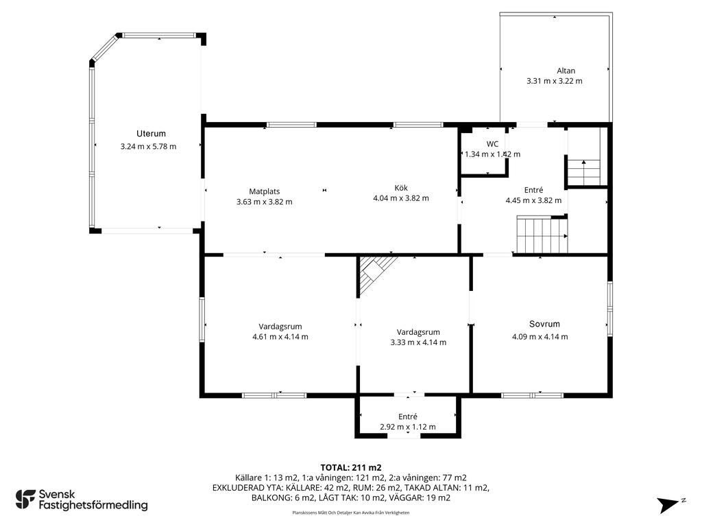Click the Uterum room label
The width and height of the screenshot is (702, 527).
pos(151,134)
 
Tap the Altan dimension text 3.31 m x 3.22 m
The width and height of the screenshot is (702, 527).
pos(554,81)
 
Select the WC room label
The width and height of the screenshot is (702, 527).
pos(492,144)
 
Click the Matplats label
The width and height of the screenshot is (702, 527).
pos(264,191)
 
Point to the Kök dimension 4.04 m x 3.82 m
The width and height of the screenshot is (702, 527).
pos(400,198)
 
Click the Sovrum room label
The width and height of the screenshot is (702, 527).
pos(544,324)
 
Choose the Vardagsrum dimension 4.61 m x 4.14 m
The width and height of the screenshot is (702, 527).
pos(280,336)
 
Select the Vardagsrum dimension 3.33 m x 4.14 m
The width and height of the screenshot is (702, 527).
pos(418,342)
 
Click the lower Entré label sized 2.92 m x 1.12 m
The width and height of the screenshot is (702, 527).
pos(408,417)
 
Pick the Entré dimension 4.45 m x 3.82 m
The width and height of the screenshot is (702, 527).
pos(533,200)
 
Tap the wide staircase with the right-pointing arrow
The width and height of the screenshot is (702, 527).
pos(542,235)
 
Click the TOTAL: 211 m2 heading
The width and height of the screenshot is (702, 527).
pos(351,468)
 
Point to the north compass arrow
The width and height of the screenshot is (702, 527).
pos(670,504)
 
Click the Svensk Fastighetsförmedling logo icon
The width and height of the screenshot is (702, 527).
pos(25,500)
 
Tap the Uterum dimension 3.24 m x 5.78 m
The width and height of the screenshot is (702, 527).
pos(148,147)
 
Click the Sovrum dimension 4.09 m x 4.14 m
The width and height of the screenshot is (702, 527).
pos(540,336)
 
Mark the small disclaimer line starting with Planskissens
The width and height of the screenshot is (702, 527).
pos(351,513)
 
